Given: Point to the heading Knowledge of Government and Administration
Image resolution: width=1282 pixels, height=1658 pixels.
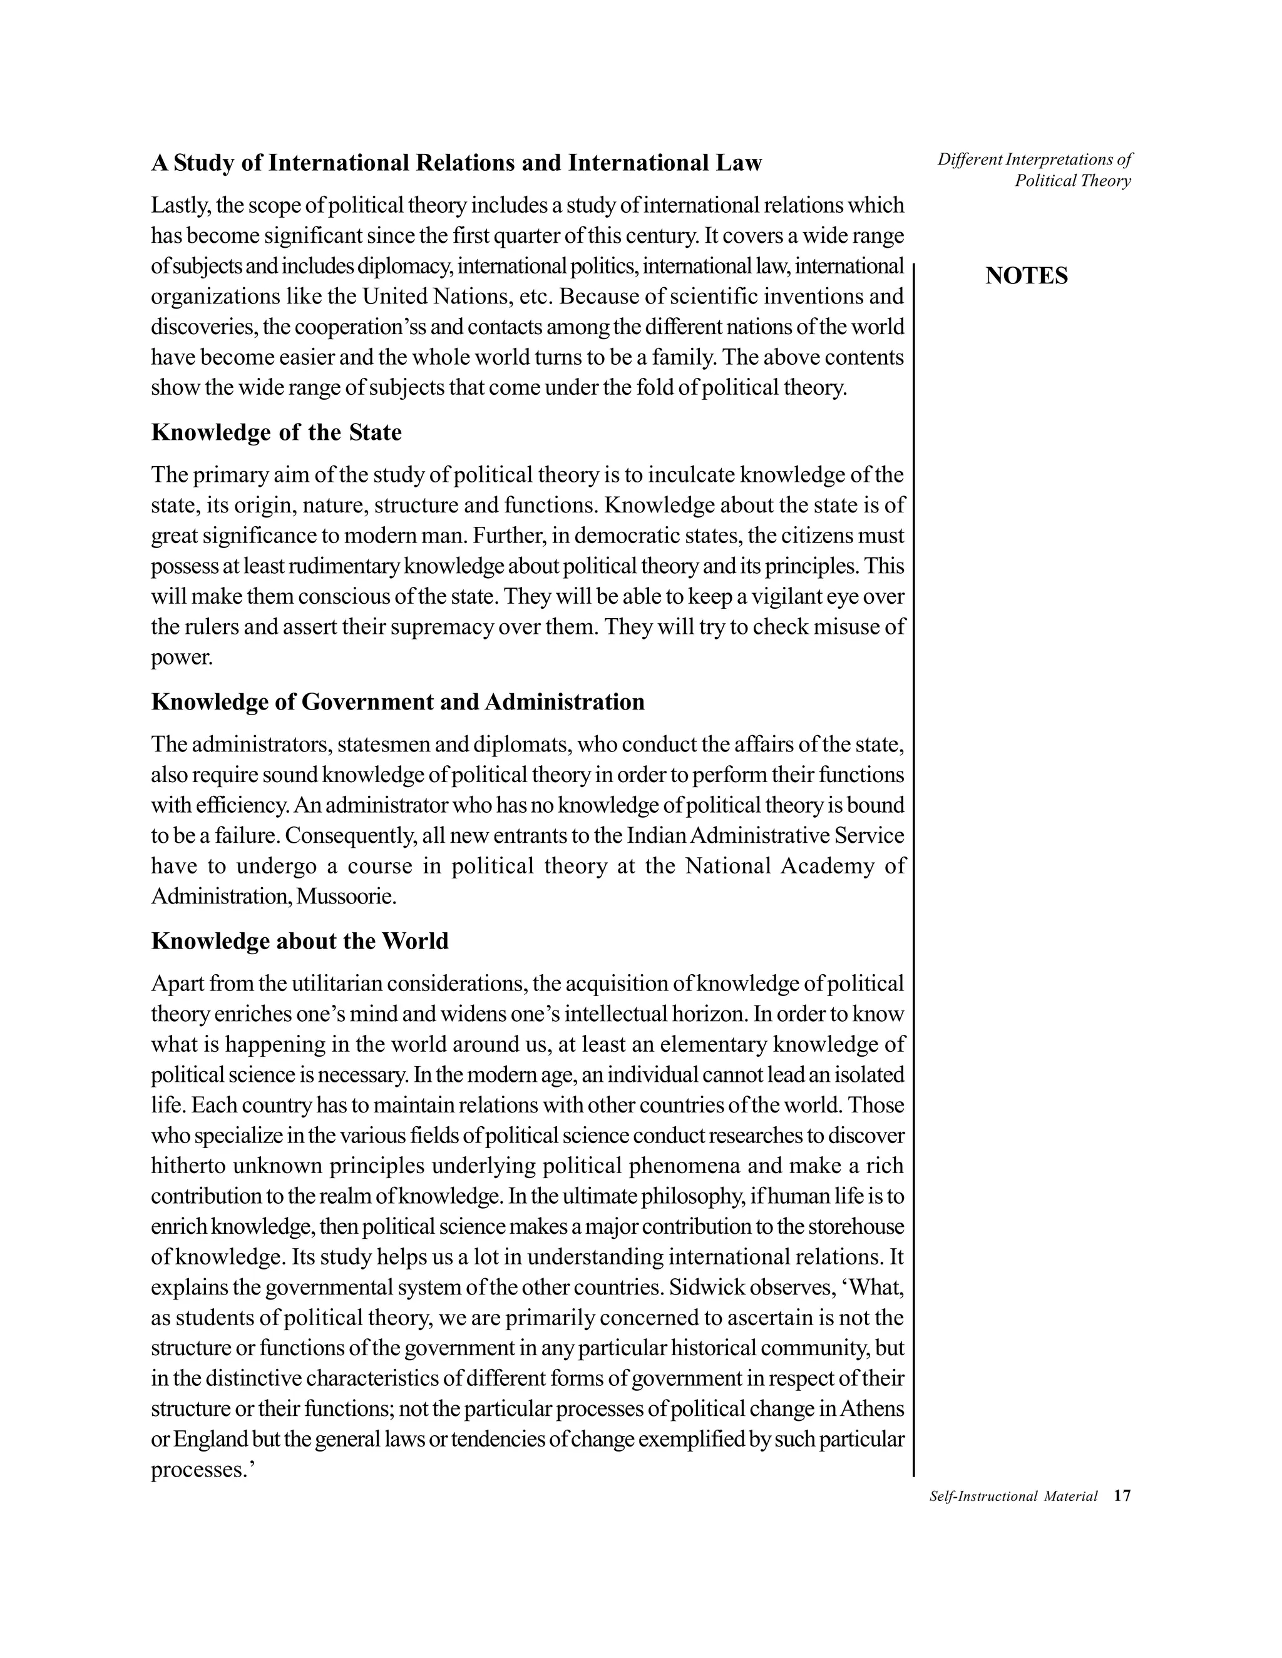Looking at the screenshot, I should tap(398, 701).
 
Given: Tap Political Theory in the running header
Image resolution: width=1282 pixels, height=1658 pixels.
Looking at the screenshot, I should tap(1072, 181).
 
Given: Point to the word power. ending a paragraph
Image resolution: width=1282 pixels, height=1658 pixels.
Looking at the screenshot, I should tap(182, 658).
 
